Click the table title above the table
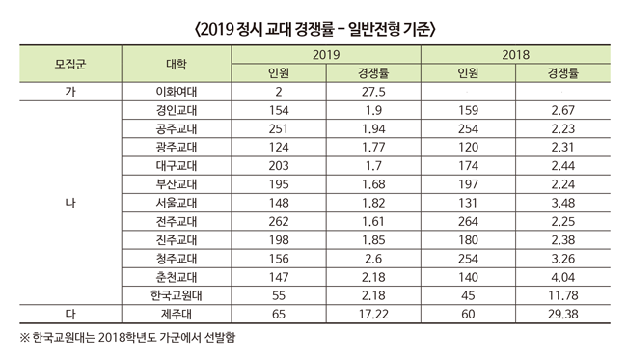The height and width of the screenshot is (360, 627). [x=314, y=29]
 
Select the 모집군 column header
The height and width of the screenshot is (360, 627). [x=70, y=64]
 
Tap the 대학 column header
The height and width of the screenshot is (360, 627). [x=177, y=64]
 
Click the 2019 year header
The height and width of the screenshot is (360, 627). [x=326, y=55]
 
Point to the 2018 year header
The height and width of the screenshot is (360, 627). [x=515, y=55]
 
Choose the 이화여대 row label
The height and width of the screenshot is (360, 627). [x=177, y=92]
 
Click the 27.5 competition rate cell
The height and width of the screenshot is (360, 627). [x=373, y=92]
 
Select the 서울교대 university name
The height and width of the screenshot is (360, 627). [x=177, y=203]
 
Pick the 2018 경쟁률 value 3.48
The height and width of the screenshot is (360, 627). [x=563, y=203]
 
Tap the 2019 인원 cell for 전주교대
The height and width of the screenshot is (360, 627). [x=279, y=222]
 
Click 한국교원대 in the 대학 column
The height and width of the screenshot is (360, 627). [x=177, y=295]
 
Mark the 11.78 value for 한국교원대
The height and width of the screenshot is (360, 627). [x=563, y=295]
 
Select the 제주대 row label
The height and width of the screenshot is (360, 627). [x=177, y=314]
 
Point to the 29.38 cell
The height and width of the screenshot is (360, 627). [x=563, y=314]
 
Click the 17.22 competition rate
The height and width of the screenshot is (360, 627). [x=373, y=314]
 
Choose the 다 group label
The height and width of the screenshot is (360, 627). [x=70, y=314]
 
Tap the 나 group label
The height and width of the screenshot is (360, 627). [x=70, y=203]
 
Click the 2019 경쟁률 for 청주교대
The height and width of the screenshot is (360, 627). [x=373, y=259]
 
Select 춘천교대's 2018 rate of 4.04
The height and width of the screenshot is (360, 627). [x=563, y=277]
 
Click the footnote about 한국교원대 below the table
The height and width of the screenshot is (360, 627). [x=128, y=337]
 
